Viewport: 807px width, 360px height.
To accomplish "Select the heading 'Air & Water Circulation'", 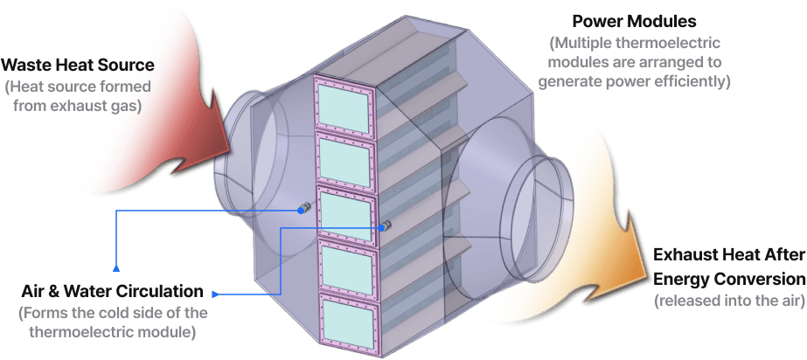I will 114,290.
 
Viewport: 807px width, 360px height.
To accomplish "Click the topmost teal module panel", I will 344,106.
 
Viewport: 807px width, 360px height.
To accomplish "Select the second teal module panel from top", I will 344,158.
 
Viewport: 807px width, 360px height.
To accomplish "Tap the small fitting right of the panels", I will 386,225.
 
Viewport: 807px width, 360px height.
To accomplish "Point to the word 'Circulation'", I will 163,290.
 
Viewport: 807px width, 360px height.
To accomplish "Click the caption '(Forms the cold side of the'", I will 113,313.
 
